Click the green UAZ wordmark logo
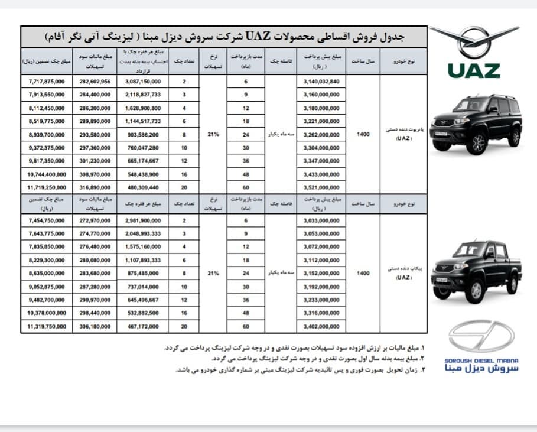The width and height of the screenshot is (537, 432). [x=473, y=70]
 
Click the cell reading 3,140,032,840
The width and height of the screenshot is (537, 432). [x=321, y=82]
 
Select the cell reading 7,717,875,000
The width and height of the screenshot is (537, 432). [x=47, y=82]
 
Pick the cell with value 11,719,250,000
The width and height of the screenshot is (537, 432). [x=47, y=186]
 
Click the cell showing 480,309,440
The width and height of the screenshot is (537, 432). [x=142, y=186]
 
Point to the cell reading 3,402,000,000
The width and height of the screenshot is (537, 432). [x=321, y=325]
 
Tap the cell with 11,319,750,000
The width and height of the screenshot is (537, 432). [x=47, y=325]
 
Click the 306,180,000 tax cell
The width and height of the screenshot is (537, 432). [x=95, y=325]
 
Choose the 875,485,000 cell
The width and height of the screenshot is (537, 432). [x=142, y=273]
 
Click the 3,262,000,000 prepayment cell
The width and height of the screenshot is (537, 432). [x=321, y=134]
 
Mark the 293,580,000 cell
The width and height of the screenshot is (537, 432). [x=95, y=134]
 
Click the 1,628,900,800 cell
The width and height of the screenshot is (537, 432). [x=142, y=108]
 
